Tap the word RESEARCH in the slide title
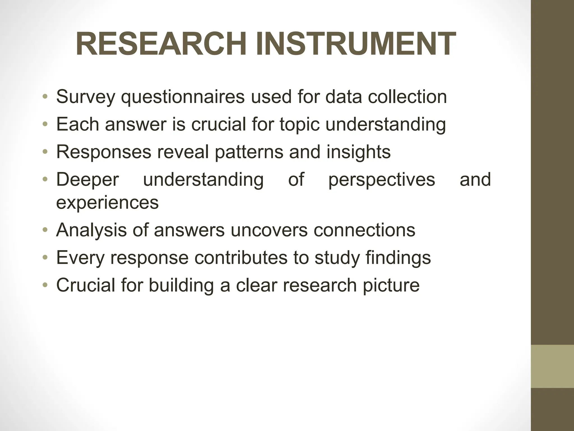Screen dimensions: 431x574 tap(161, 44)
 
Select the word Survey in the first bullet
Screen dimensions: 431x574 tap(86, 97)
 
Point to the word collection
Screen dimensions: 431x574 tap(407, 97)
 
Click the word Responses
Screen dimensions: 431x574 tap(104, 152)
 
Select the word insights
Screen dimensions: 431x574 tap(358, 152)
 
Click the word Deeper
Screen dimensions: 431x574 tap(87, 180)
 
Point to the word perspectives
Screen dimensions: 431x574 tap(381, 180)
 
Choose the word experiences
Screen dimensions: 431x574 tap(107, 202)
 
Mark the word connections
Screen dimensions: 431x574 tap(364, 230)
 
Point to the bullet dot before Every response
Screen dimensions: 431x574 tap(45, 258)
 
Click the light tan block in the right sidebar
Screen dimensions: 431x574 tap(552, 366)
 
